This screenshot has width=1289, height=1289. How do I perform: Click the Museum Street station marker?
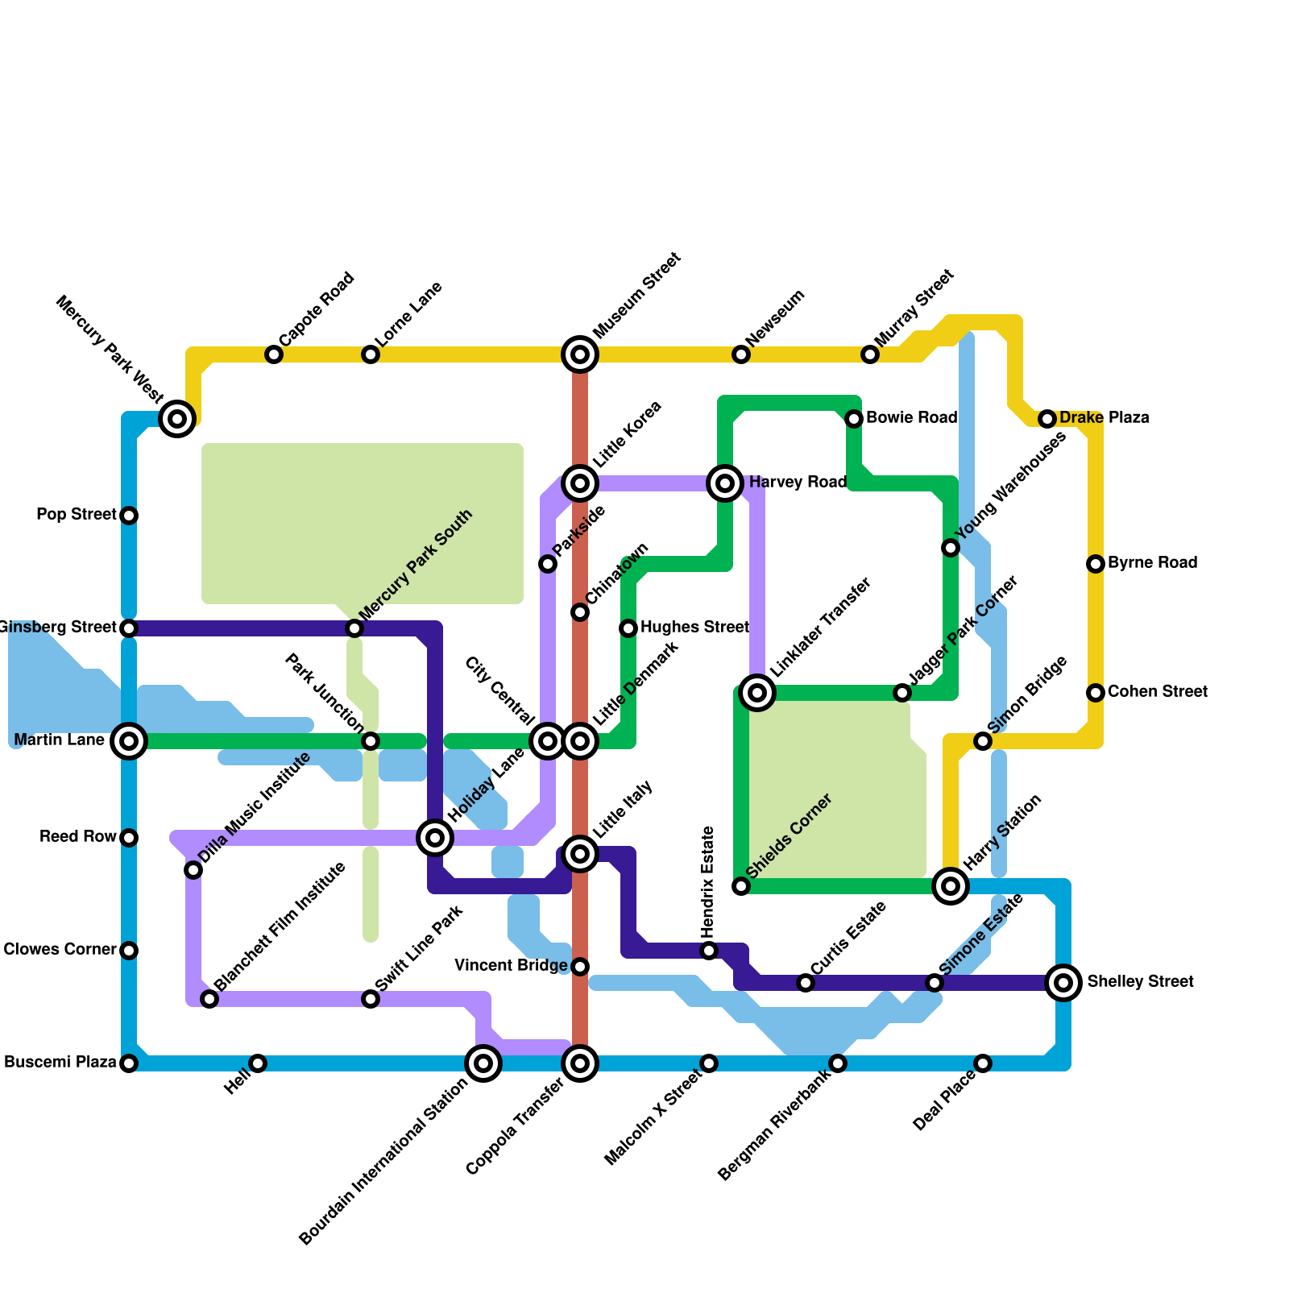tap(580, 354)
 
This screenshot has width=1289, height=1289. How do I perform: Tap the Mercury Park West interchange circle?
tap(177, 419)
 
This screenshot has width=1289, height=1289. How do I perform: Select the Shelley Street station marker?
tap(1063, 983)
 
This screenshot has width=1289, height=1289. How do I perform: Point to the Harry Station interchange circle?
tap(951, 886)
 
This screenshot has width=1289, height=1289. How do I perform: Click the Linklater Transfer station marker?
tap(757, 693)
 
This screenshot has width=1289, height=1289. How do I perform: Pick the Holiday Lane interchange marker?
tap(435, 838)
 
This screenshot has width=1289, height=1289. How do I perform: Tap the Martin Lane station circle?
tap(129, 741)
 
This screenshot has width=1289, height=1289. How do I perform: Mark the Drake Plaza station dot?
tap(1047, 419)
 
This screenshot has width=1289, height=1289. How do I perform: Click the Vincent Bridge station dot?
tap(580, 967)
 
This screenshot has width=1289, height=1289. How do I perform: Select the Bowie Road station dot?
tap(854, 419)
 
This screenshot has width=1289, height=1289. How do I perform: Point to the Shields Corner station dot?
tap(741, 886)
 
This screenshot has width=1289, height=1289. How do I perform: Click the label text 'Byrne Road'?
tap(1152, 563)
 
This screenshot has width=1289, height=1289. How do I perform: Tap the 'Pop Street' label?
tap(77, 515)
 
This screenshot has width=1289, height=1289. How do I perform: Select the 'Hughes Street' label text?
tap(694, 628)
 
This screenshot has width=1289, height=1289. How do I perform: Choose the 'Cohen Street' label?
tap(1157, 692)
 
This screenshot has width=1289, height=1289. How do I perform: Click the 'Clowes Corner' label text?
tap(60, 950)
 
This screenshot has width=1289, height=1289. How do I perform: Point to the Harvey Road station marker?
tap(725, 483)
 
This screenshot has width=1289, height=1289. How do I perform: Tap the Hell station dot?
tap(258, 1063)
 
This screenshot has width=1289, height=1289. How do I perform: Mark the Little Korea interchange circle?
tap(580, 483)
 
